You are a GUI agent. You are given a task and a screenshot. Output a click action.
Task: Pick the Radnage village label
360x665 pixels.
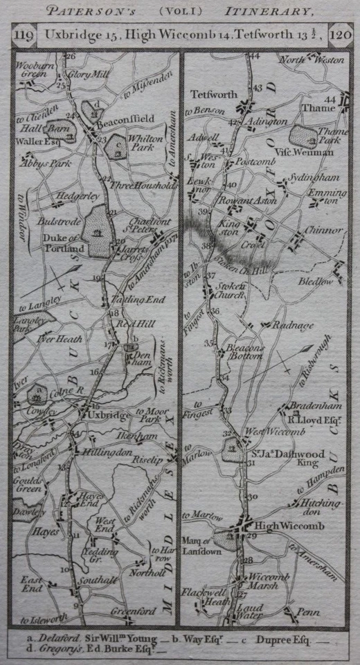point(292,325)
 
